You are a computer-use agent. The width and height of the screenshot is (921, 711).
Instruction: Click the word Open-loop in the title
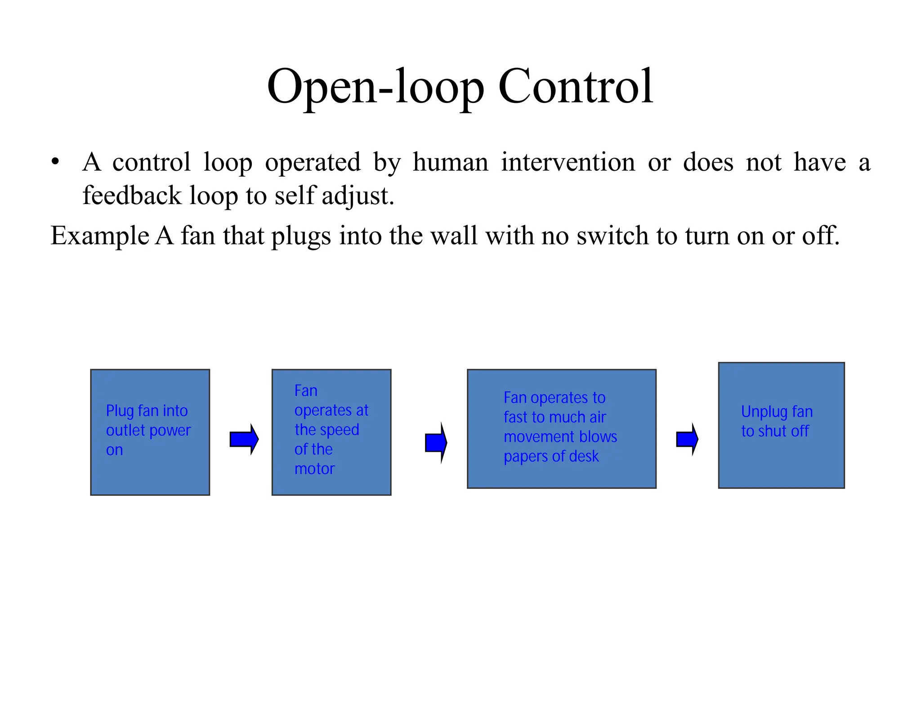click(x=376, y=86)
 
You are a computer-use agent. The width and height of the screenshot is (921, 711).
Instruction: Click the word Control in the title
click(x=576, y=86)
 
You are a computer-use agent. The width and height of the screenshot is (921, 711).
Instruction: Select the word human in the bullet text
click(x=450, y=162)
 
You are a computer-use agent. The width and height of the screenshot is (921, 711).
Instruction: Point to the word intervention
click(x=568, y=162)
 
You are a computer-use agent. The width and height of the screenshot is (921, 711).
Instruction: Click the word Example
click(x=99, y=236)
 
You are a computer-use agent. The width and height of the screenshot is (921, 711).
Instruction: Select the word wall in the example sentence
click(x=454, y=236)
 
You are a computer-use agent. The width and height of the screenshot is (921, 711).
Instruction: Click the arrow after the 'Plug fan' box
click(x=244, y=439)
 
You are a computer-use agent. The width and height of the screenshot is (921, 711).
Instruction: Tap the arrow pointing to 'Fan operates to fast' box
click(x=436, y=443)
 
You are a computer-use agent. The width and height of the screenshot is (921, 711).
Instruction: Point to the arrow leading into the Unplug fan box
click(x=687, y=439)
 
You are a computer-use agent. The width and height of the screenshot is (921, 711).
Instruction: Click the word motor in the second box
click(x=314, y=469)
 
